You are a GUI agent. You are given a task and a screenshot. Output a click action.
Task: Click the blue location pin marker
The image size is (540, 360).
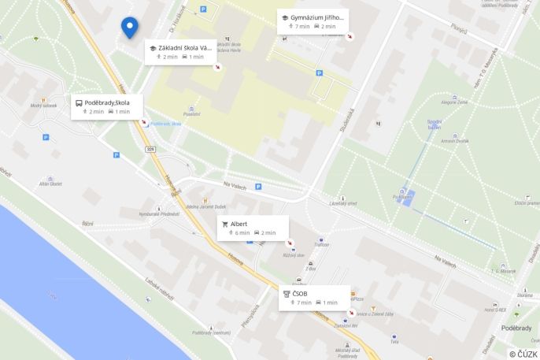(129, 27)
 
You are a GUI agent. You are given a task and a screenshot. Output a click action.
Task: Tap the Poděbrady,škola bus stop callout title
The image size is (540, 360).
(107, 102)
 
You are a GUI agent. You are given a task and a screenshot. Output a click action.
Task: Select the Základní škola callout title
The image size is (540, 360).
(185, 48)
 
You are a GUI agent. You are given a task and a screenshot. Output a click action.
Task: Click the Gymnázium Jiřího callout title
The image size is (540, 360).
(317, 17)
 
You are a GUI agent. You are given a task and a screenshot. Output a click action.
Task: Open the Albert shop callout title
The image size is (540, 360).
(239, 224)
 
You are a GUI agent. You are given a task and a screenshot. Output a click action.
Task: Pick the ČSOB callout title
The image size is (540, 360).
(300, 294)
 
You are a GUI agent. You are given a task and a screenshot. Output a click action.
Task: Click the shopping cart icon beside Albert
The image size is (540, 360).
(225, 224)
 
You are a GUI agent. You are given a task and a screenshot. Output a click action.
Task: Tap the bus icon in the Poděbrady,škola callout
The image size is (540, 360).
(79, 102)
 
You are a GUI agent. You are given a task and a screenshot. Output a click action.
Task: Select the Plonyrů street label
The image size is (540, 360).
(458, 29)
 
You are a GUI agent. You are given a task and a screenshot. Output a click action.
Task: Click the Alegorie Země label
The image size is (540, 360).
(453, 102)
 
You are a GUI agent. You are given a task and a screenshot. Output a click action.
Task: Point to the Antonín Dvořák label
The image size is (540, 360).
(454, 140)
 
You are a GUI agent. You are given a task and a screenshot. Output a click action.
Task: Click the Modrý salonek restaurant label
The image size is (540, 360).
(43, 105)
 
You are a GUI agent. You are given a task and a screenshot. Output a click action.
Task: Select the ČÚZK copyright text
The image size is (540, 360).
(523, 354)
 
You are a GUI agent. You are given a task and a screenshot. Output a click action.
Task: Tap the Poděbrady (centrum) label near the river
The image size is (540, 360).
(211, 332)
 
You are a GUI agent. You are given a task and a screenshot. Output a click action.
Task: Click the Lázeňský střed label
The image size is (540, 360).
(343, 204)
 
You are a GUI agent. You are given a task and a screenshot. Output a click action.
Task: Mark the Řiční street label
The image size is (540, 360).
(87, 224)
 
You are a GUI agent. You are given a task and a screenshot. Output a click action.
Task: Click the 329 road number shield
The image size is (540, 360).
(150, 148)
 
